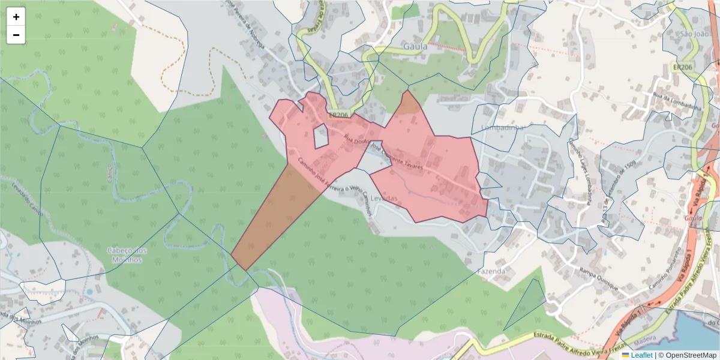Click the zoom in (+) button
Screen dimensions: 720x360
click(x=16, y=17)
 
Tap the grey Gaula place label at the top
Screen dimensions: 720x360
click(x=415, y=46)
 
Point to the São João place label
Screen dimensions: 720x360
click(x=695, y=34)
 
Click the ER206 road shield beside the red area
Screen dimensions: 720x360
click(x=338, y=115)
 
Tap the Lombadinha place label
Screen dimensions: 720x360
click(x=503, y=128)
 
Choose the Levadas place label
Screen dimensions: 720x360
click(x=385, y=198)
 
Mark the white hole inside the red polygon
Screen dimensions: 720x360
click(x=322, y=137)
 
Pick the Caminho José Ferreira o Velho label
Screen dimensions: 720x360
click(x=336, y=185)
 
